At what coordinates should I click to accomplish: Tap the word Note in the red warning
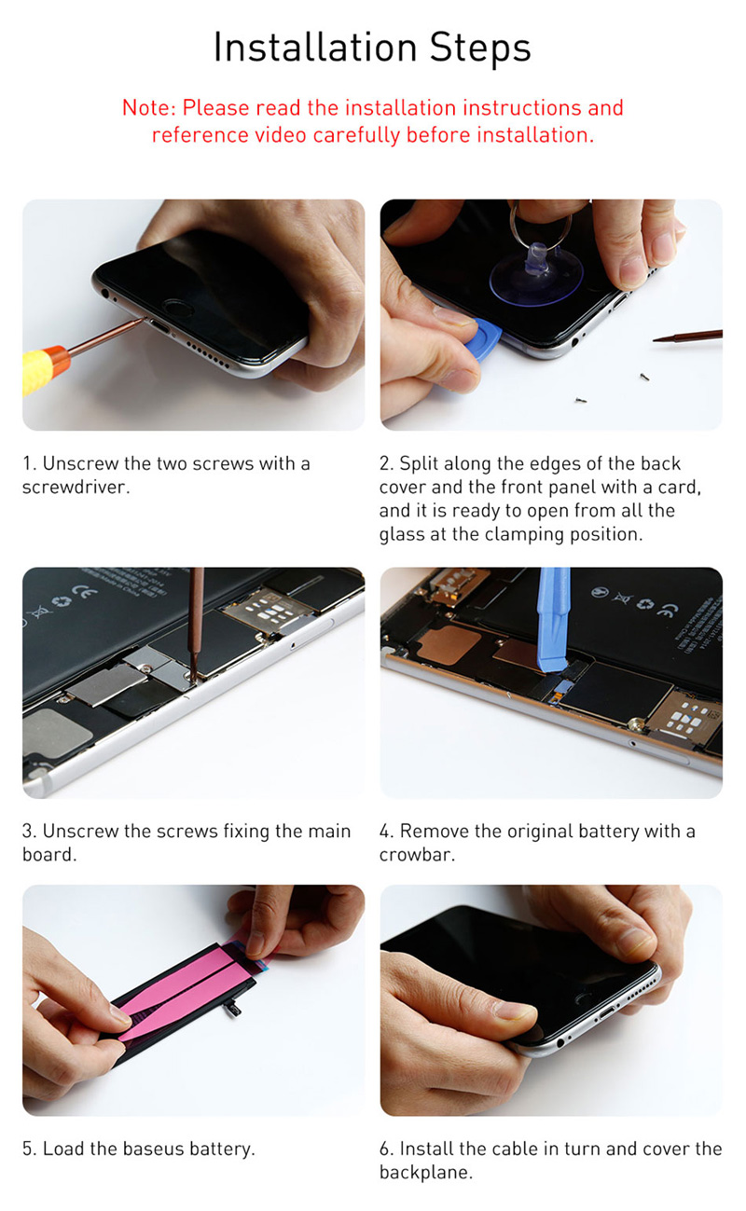146,107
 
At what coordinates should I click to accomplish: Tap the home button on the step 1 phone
178,309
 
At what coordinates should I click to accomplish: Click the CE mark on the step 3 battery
87,594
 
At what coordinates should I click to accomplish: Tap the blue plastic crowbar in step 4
553,620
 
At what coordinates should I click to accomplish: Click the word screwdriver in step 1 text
76,487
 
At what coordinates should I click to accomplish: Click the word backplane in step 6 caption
425,1172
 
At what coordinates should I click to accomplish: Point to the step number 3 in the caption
28,831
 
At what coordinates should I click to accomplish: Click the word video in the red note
281,134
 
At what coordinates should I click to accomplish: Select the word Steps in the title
480,47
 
